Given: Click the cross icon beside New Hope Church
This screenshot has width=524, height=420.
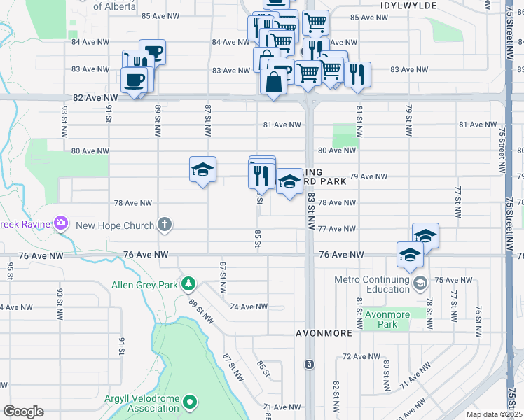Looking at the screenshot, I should (x=164, y=225).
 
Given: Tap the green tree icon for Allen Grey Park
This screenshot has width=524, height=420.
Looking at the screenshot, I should (x=188, y=283).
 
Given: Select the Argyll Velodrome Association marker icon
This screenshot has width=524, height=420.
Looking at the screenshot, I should (x=191, y=402).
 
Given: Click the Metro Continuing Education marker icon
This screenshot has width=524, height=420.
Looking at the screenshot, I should (x=420, y=283).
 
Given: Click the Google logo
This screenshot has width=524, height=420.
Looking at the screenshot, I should (x=22, y=412).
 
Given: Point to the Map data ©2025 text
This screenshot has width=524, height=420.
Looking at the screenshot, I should (x=494, y=414).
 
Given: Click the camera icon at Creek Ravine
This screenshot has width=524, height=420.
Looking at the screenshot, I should (x=61, y=223).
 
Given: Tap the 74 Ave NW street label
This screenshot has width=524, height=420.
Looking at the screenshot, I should (x=249, y=307).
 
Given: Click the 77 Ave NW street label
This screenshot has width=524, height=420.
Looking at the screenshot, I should (x=337, y=229).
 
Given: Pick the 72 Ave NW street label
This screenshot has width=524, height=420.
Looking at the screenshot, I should (x=360, y=357).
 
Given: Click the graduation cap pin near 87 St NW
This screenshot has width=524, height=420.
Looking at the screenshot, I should (x=203, y=170).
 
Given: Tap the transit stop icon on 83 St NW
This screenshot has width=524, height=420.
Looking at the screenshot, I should (x=309, y=365).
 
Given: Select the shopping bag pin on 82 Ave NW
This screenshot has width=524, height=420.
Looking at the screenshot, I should (x=273, y=81).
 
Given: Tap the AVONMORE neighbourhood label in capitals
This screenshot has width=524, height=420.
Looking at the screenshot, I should (x=324, y=333).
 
